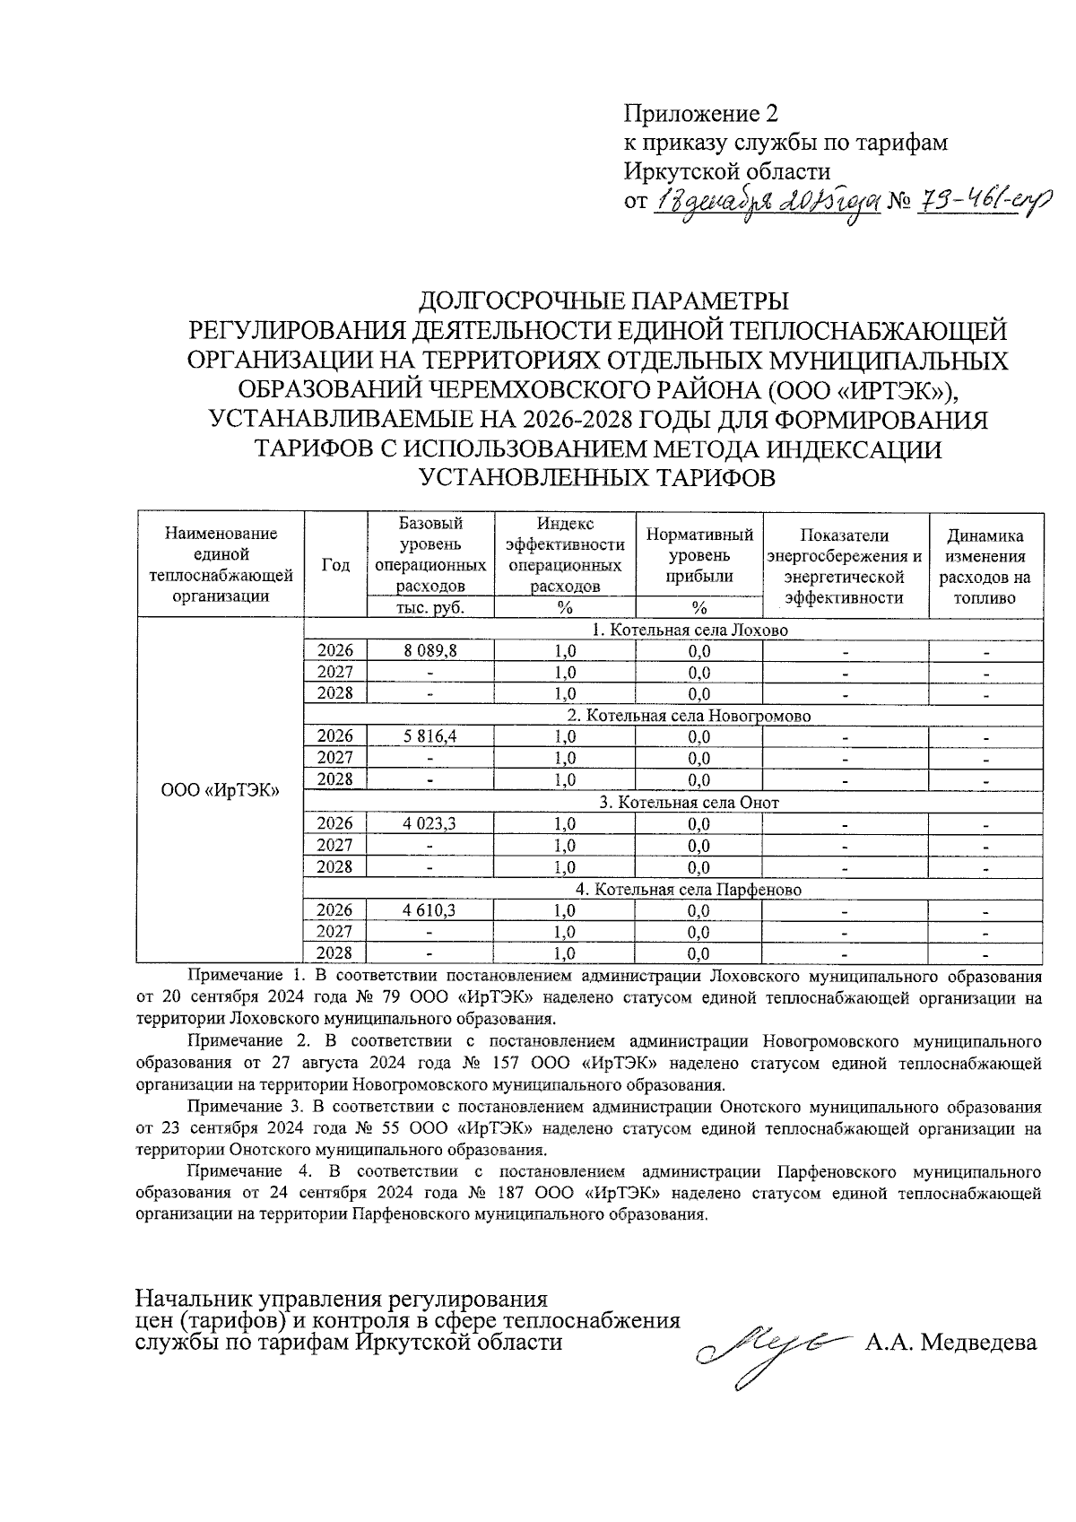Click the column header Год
pyautogui.click(x=335, y=565)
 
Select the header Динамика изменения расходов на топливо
pyautogui.click(x=985, y=566)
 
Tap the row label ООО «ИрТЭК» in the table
pyautogui.click(x=220, y=790)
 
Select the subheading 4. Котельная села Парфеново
pyautogui.click(x=688, y=890)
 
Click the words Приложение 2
pyautogui.click(x=701, y=114)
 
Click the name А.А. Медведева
pyautogui.click(x=950, y=1343)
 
